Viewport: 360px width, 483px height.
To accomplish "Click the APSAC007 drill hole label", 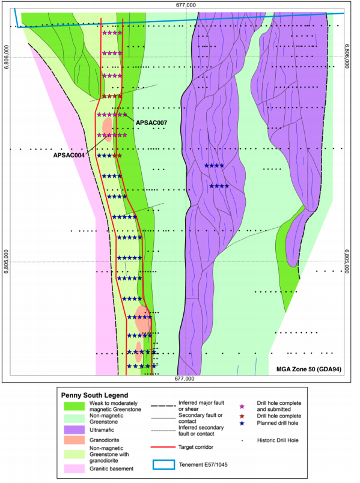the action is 151,123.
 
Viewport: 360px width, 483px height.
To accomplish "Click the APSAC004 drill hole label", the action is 69,155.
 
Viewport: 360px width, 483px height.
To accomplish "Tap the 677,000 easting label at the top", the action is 186,5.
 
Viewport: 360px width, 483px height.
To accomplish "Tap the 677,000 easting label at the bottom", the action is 185,379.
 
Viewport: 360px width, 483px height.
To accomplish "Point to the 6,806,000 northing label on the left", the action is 7,57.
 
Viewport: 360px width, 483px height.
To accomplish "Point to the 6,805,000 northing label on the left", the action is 7,261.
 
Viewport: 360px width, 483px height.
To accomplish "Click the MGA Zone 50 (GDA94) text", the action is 309,369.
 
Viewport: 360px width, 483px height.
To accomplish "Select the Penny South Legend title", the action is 94,395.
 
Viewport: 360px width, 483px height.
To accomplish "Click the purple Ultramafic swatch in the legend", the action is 75,430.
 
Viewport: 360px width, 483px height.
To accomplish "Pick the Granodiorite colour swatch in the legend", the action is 75,440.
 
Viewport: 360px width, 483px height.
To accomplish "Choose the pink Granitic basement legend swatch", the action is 75,469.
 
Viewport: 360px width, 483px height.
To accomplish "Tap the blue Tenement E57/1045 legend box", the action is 163,464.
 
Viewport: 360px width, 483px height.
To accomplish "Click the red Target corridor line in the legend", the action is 163,447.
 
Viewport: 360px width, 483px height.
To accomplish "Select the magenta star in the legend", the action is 242,407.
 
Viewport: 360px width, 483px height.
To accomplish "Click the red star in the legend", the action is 242,416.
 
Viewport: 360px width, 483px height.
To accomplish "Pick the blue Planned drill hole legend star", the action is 242,424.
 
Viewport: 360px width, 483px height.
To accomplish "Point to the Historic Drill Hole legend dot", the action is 242,441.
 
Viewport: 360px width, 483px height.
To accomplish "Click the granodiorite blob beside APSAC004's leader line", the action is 107,129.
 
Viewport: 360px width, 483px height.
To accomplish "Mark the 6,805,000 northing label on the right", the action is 347,261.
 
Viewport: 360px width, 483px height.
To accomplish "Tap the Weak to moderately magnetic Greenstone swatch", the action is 75,406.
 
